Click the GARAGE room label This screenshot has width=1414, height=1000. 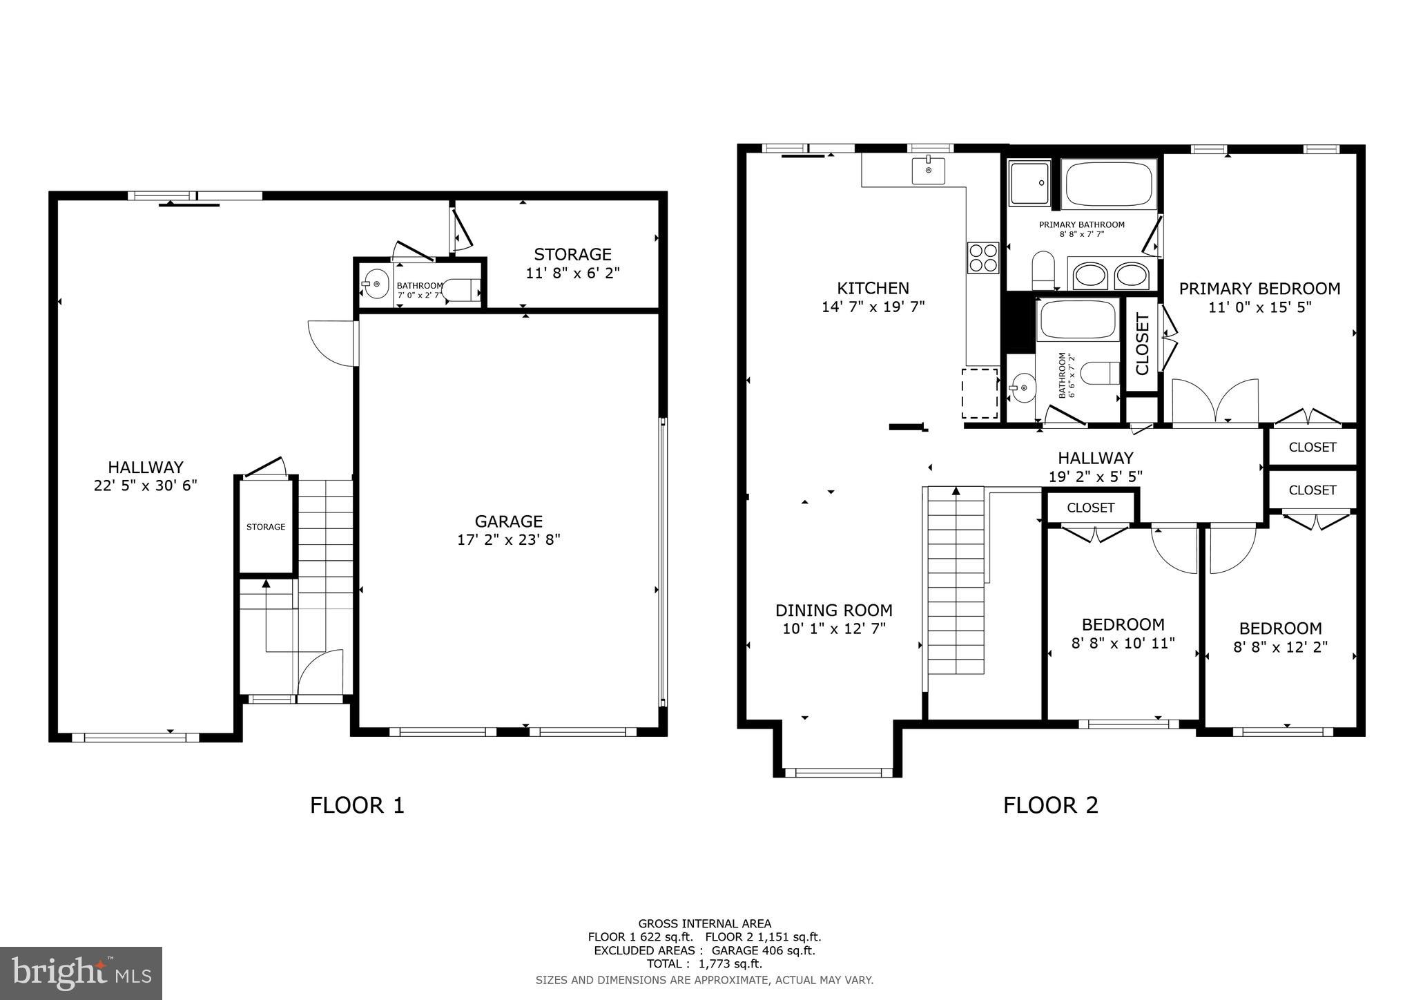(508, 521)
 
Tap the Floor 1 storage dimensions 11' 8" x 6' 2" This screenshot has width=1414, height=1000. (572, 273)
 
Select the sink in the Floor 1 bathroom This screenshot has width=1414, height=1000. (376, 284)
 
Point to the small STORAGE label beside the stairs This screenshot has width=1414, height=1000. (266, 527)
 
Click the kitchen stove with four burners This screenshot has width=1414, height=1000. (982, 258)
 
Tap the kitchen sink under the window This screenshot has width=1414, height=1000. (928, 171)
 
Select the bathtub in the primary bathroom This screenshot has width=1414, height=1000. (1108, 184)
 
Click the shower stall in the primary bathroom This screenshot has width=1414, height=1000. (1029, 183)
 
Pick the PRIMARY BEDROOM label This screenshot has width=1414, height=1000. (1259, 289)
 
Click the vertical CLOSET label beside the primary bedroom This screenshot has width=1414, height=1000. (1142, 344)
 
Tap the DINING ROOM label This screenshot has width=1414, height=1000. (833, 610)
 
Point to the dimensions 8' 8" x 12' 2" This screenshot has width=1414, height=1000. (1280, 648)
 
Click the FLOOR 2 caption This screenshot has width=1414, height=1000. (1050, 805)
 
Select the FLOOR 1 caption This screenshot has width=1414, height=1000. (357, 805)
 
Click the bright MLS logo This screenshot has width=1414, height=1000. (81, 973)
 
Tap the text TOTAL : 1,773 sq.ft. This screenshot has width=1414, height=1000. (704, 963)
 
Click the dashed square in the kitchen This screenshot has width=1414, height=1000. (980, 393)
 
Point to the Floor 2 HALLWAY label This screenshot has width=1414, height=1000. (1095, 459)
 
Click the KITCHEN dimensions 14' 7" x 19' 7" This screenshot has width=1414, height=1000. (873, 307)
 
